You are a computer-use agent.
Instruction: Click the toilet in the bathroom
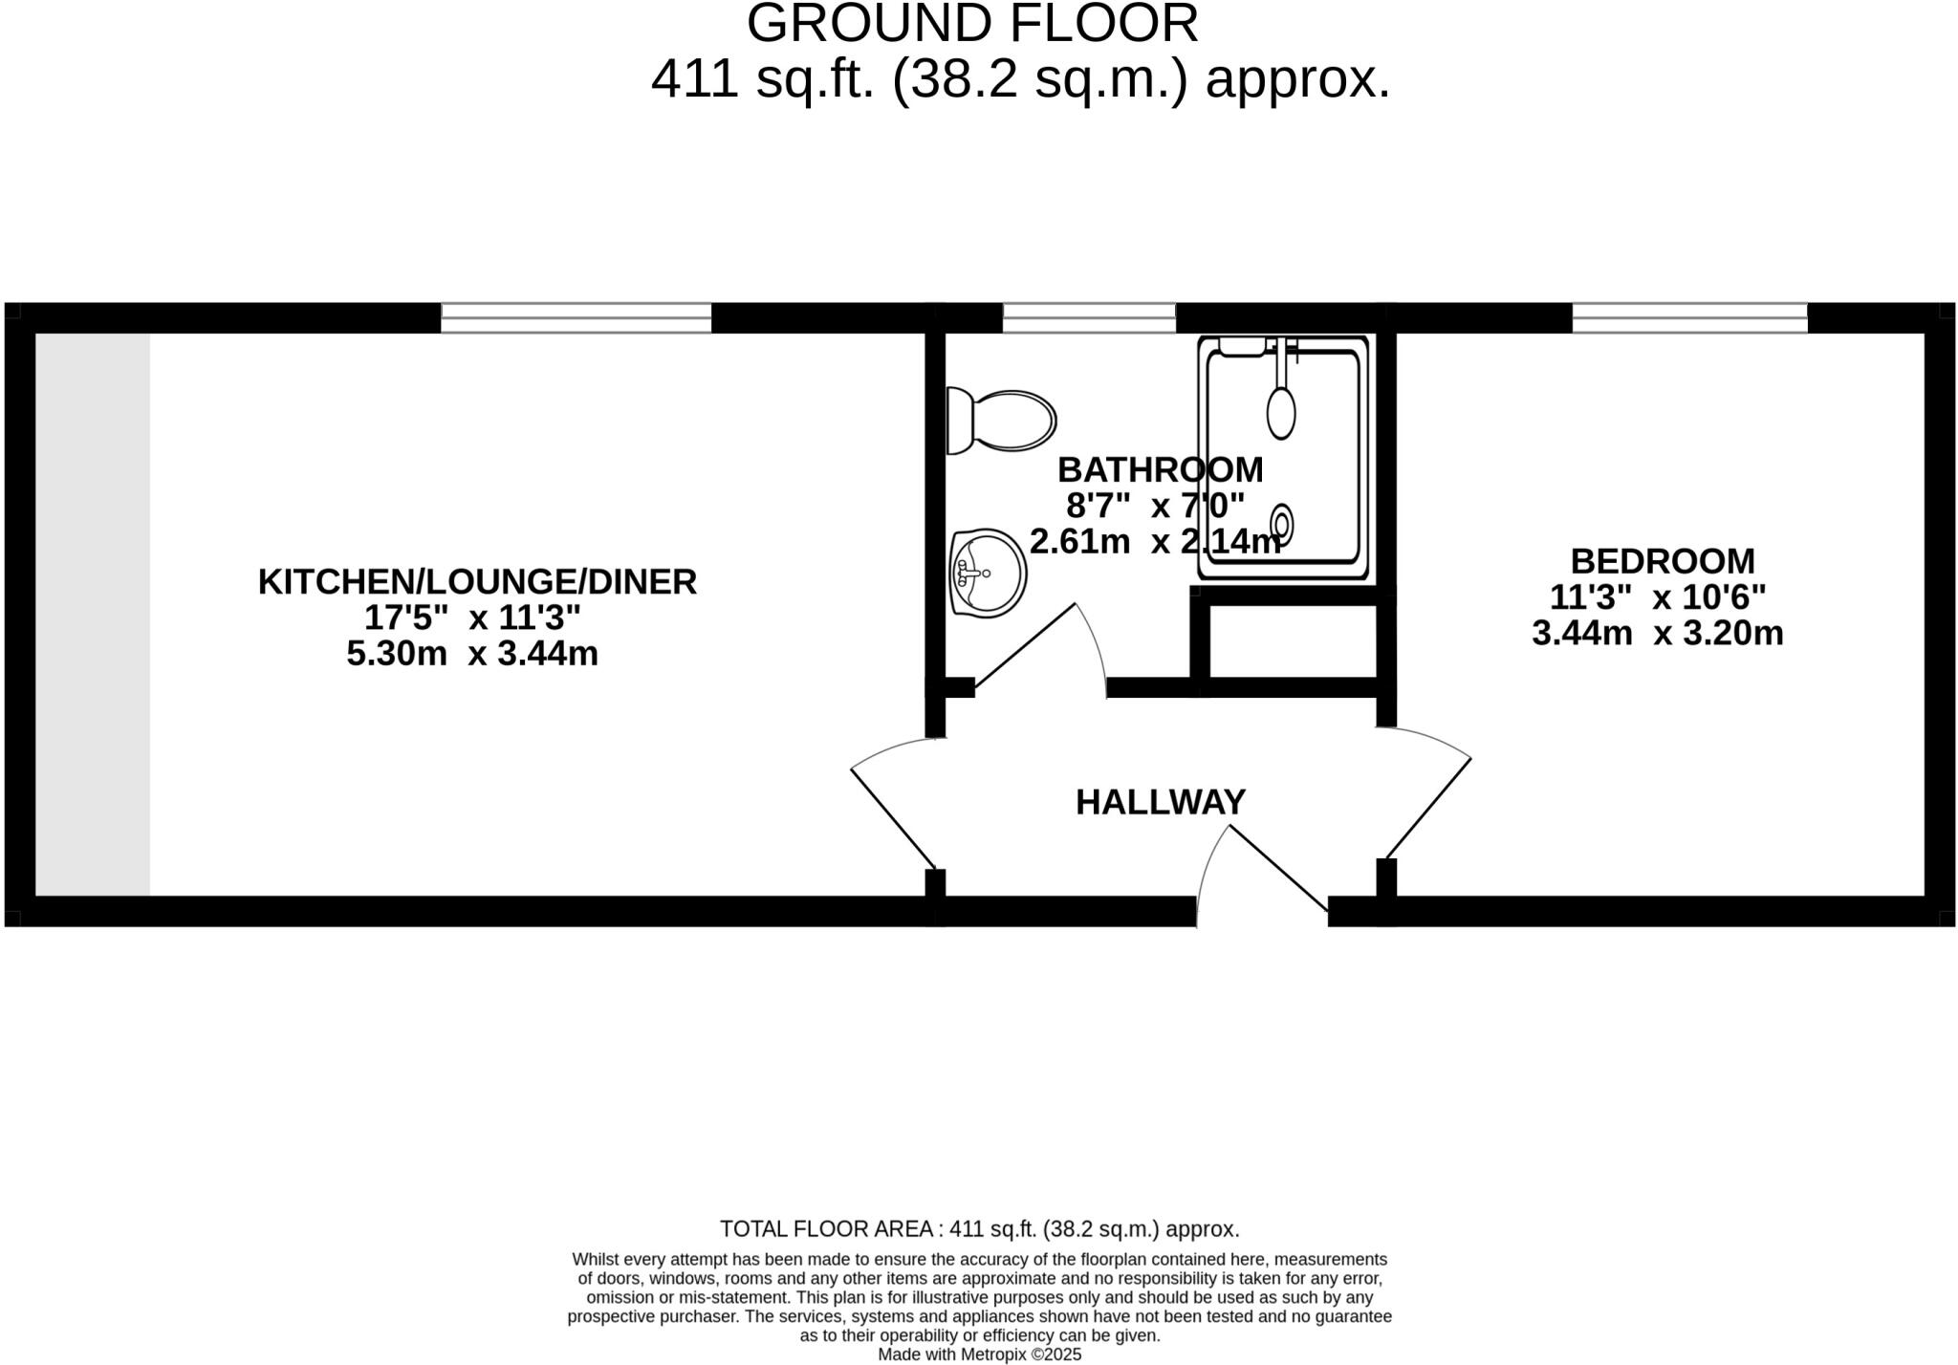[1000, 421]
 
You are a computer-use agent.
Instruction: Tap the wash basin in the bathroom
[987, 574]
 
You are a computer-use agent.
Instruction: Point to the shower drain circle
[1281, 523]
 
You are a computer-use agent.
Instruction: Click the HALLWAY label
[1160, 802]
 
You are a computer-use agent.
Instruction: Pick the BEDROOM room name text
[1662, 560]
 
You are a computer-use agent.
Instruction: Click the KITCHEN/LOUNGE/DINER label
[477, 582]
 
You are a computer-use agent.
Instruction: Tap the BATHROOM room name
[1160, 469]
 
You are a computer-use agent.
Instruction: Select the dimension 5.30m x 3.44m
[471, 654]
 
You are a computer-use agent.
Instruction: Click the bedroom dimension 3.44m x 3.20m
[1657, 633]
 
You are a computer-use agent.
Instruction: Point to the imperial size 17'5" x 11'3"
[471, 617]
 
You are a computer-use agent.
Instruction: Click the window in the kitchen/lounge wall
[576, 317]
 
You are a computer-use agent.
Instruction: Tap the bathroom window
[1088, 317]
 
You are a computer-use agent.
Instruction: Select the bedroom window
[1689, 317]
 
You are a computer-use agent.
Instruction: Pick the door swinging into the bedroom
[1428, 808]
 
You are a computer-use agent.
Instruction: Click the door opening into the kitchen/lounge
[892, 818]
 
